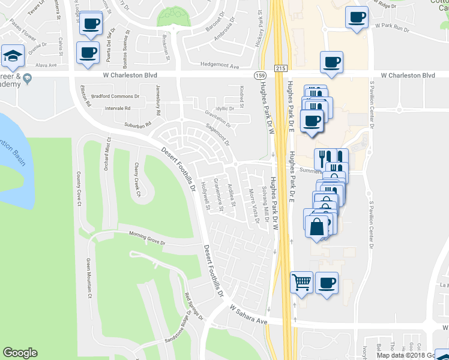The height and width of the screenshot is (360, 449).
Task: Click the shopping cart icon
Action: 301,282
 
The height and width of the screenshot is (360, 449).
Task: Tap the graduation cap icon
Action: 13,56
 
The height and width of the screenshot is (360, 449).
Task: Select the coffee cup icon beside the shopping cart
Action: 327,283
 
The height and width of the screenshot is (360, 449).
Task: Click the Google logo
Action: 20,353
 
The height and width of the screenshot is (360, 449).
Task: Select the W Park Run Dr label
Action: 391,28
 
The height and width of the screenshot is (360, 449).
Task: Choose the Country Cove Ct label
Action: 79,188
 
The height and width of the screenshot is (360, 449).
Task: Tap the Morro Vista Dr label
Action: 254,206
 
